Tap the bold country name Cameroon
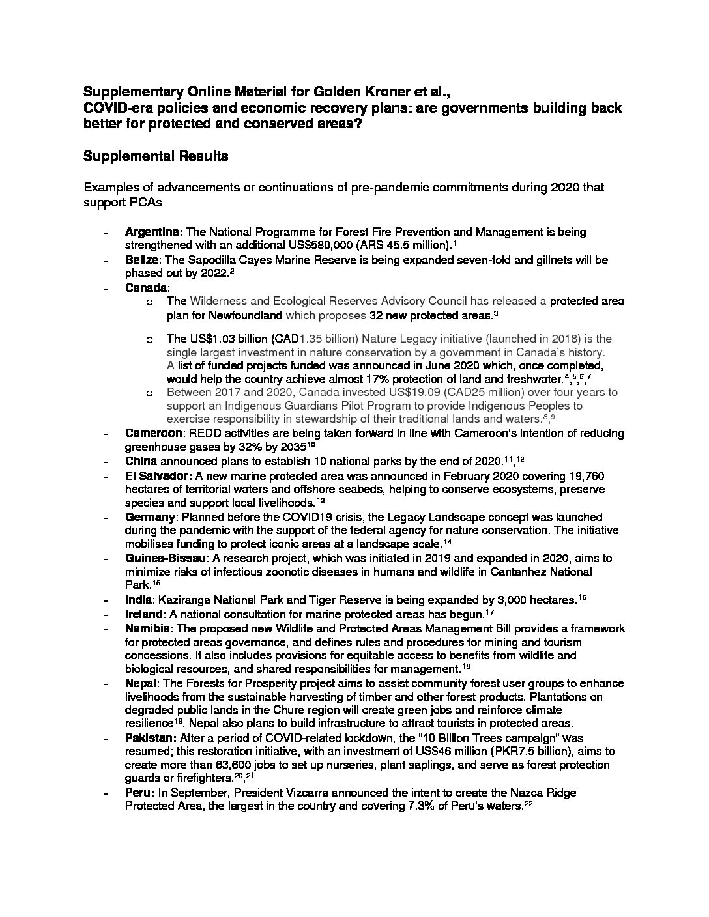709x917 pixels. [149, 433]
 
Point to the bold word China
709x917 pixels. [140, 461]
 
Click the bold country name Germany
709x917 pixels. [150, 516]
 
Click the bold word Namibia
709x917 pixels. [147, 628]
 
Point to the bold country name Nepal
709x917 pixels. [140, 683]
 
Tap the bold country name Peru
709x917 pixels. [139, 793]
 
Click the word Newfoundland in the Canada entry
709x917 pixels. [247, 315]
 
